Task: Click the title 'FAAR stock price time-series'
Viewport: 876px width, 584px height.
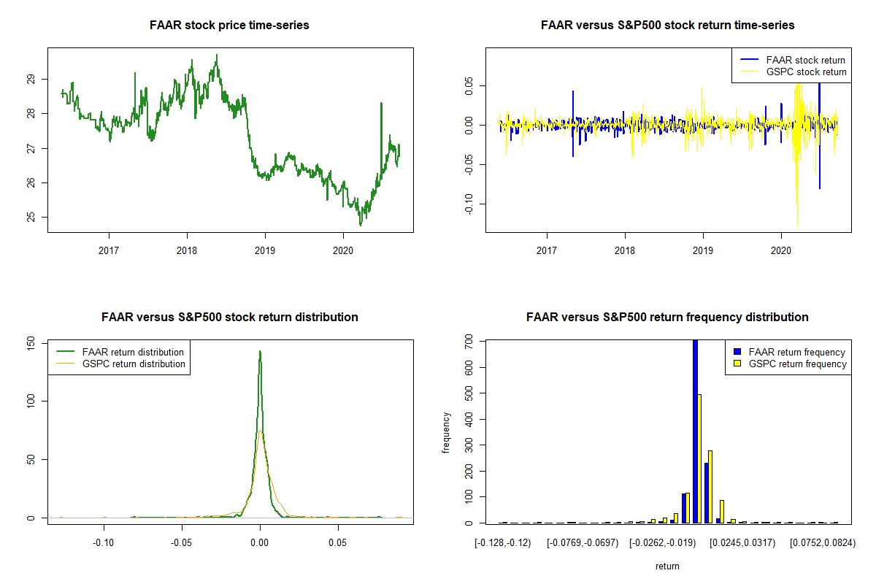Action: tap(229, 25)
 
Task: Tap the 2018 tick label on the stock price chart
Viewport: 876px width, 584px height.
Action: tap(187, 250)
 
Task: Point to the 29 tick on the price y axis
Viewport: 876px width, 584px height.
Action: tap(31, 79)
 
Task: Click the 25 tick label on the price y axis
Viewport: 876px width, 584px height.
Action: tap(31, 217)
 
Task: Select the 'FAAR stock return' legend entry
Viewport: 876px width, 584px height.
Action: tap(792, 60)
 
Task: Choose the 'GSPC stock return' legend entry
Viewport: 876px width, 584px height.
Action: tap(792, 72)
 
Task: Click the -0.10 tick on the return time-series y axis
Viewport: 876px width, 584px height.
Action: tap(469, 204)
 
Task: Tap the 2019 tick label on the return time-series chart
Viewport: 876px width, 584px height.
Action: tap(703, 250)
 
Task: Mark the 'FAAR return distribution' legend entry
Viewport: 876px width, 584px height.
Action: tap(120, 352)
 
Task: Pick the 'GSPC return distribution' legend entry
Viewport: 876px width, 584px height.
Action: tap(120, 364)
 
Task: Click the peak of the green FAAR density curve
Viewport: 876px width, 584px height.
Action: tap(260, 351)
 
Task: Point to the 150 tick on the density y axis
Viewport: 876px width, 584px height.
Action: tap(31, 343)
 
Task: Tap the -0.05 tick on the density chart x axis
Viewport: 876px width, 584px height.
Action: tap(182, 542)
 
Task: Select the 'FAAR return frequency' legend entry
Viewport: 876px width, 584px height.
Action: tap(790, 352)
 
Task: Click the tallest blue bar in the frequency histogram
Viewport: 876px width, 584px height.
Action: tap(695, 431)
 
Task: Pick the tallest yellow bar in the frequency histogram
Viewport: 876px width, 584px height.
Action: tap(699, 459)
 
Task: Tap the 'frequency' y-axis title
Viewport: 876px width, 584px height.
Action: tap(446, 433)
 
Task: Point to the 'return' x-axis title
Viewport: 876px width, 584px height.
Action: tap(667, 566)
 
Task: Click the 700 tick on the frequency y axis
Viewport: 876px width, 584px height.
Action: tap(469, 342)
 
